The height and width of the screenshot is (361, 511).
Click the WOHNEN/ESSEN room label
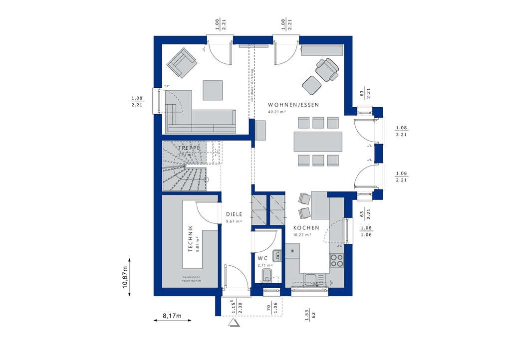[293, 105]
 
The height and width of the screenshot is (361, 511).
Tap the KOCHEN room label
[306, 227]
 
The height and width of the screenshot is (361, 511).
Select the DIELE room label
[234, 214]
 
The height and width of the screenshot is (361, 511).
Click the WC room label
[262, 258]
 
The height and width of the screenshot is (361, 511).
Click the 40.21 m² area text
[277, 112]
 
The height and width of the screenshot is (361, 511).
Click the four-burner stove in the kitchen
[337, 260]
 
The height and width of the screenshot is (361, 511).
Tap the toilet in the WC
[268, 277]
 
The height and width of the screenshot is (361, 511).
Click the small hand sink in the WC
[277, 256]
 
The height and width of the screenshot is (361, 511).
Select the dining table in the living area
[318, 141]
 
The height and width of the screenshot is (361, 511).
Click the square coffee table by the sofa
[213, 90]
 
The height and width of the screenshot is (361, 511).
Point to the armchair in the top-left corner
[181, 62]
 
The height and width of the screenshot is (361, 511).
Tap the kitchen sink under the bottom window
[310, 279]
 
